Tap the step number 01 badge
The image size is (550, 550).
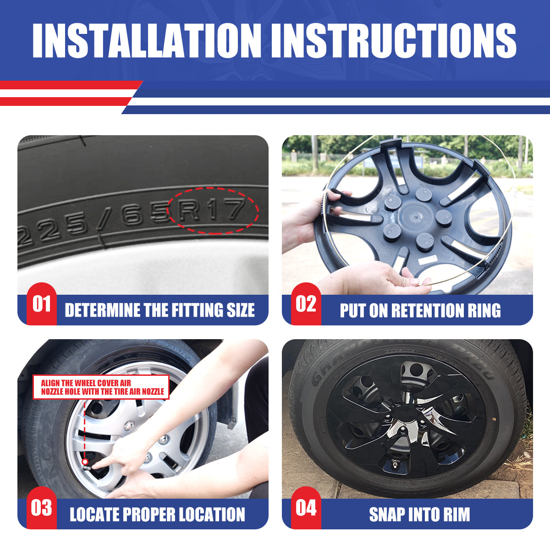coord(41,304)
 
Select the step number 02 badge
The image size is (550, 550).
coord(306,304)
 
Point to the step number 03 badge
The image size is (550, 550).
coord(41,508)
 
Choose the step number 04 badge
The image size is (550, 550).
coord(306,508)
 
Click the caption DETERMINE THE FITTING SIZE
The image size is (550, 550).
coord(159,310)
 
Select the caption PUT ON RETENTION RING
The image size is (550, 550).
coord(420,310)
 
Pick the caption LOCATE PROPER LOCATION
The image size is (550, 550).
coord(157,514)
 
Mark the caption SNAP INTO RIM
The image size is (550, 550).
coord(419,514)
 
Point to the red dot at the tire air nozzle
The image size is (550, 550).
coord(85,461)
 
